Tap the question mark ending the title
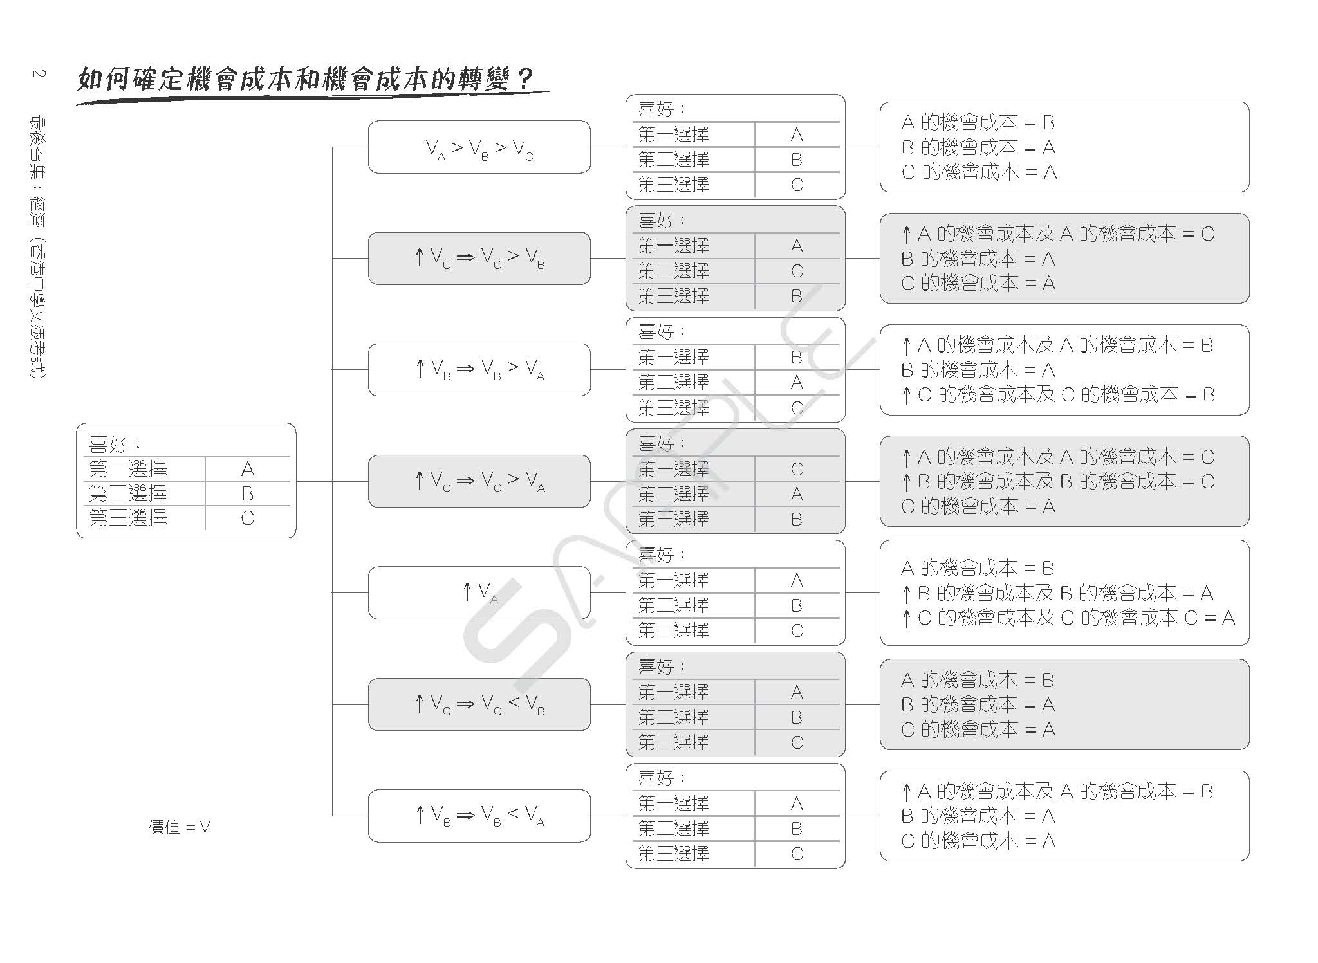(x=524, y=80)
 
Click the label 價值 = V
(x=180, y=827)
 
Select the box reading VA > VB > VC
(x=479, y=147)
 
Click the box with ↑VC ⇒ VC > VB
(x=479, y=259)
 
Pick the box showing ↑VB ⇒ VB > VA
(x=479, y=370)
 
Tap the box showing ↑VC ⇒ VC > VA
(x=479, y=481)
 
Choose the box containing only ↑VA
(x=479, y=592)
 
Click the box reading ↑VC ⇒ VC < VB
(x=479, y=704)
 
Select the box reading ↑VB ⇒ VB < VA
(x=479, y=816)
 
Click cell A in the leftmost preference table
(x=248, y=470)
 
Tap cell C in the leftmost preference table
(x=248, y=518)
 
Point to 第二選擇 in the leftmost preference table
(x=128, y=494)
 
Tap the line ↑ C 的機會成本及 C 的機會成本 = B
(x=1058, y=395)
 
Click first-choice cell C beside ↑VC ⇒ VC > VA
(x=797, y=470)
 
